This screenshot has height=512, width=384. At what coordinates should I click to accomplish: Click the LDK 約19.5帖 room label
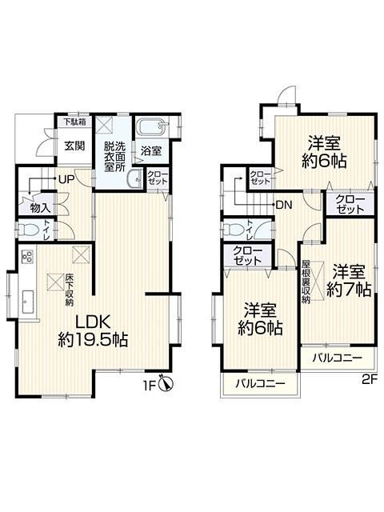pyautogui.click(x=94, y=330)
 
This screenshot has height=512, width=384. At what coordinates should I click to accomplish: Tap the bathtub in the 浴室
pyautogui.click(x=150, y=127)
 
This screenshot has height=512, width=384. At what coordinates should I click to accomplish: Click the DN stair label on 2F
pyautogui.click(x=282, y=205)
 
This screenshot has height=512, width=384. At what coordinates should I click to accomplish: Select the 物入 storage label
pyautogui.click(x=40, y=207)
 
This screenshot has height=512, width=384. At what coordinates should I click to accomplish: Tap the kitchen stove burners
pyautogui.click(x=26, y=258)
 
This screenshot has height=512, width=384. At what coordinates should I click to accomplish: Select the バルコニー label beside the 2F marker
pyautogui.click(x=337, y=357)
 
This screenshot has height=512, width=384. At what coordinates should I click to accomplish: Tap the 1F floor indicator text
pyautogui.click(x=149, y=386)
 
